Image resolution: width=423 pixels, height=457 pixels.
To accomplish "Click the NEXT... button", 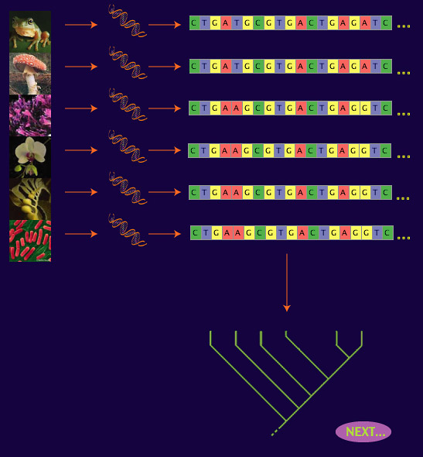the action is (x=363, y=431).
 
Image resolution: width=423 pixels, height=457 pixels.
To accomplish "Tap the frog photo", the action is (x=30, y=32).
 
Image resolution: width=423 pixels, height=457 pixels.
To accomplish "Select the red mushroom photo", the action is (x=30, y=74).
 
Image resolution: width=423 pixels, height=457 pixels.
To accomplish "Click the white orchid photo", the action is (x=30, y=157).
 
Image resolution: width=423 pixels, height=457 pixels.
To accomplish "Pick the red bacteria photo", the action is (x=30, y=241).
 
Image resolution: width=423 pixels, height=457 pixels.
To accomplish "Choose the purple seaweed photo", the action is (x=30, y=115).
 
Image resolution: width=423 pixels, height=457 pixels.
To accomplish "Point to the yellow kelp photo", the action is (x=30, y=199).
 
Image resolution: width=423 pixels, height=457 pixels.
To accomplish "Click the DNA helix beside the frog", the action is (x=128, y=21).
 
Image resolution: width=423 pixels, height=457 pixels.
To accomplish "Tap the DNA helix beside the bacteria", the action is (x=128, y=230).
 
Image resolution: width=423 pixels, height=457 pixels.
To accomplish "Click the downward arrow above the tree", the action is (x=287, y=283).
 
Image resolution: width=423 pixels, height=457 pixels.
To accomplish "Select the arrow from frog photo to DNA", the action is (x=81, y=25).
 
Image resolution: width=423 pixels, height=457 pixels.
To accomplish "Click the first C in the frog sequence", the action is (x=195, y=23).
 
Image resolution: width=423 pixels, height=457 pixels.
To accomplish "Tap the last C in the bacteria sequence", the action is (x=387, y=233).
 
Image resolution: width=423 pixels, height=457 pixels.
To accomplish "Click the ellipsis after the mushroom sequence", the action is (x=404, y=73).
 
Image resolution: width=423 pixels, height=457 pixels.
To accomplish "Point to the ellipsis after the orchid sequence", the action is (x=404, y=156).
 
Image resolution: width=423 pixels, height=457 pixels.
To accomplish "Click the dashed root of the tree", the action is (x=276, y=431).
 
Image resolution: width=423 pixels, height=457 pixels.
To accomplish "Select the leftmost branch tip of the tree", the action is (x=210, y=332).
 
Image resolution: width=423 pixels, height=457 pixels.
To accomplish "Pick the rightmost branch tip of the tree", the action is (x=362, y=332).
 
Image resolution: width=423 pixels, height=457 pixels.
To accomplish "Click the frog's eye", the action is (x=30, y=21).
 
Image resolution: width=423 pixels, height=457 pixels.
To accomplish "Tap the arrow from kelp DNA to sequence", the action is (x=165, y=192).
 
